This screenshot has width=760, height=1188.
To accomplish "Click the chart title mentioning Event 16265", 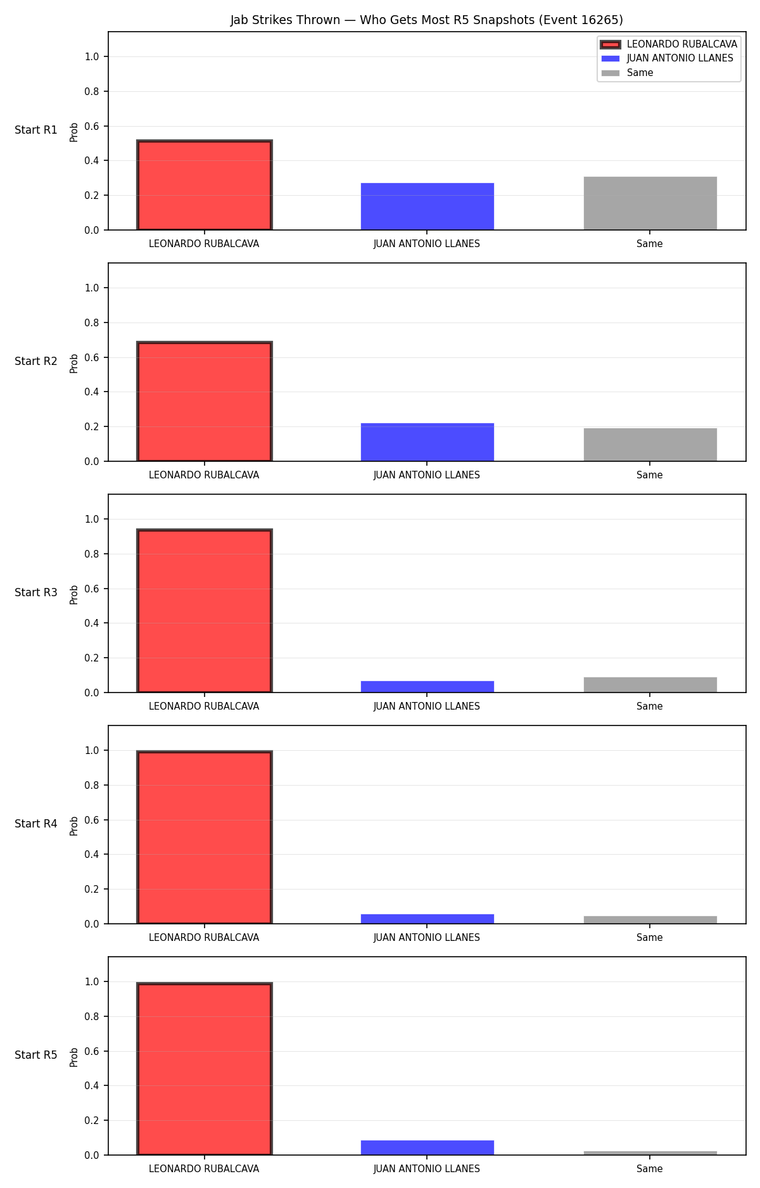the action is [x=426, y=20].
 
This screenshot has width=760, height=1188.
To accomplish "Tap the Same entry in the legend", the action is [x=627, y=73].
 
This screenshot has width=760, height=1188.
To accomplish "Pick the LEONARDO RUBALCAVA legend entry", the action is [x=669, y=44].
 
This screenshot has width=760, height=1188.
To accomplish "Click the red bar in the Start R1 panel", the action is [x=205, y=185].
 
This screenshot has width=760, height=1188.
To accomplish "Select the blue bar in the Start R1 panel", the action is [x=427, y=207].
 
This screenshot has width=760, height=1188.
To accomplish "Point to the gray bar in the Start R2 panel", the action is [x=650, y=445].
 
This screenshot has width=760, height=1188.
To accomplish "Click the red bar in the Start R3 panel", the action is [x=205, y=611].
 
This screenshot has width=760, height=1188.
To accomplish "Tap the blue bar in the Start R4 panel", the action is [x=427, y=919].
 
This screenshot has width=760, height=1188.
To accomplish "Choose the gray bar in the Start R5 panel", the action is [x=650, y=1153].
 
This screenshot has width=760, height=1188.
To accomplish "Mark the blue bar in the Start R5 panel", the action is [x=427, y=1147].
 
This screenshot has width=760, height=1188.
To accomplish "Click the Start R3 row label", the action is [x=36, y=592].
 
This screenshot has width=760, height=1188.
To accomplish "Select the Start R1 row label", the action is [x=36, y=130].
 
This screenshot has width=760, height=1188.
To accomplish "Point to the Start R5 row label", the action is [x=36, y=1055].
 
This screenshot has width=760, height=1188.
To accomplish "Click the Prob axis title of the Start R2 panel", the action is [x=74, y=363].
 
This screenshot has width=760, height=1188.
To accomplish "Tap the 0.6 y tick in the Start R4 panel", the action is [x=92, y=820].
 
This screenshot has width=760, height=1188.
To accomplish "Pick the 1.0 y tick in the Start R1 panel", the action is [x=92, y=57].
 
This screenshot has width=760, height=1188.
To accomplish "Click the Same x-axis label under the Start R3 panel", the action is [x=650, y=706].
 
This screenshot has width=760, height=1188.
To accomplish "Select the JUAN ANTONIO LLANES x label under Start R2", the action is [x=427, y=475].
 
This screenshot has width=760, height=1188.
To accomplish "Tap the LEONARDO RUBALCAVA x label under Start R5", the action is [x=204, y=1169].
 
